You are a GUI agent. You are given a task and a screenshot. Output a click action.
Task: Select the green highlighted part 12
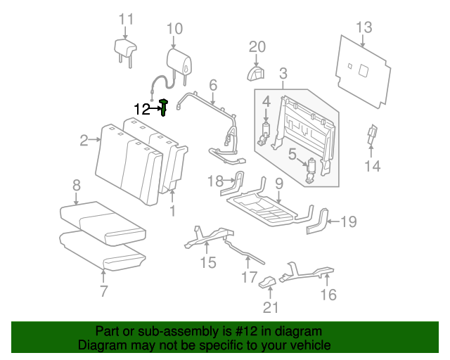(164, 107)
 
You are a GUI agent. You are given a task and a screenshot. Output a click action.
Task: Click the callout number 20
(257, 47)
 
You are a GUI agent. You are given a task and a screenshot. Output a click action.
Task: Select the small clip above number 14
(372, 135)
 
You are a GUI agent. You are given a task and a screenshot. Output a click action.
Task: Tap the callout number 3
(283, 73)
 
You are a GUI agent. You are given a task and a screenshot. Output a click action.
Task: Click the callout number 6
(213, 85)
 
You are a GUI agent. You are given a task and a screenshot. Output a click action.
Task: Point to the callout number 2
(84, 140)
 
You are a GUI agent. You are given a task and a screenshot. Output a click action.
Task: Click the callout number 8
(76, 186)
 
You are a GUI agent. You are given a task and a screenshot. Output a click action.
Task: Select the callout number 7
(103, 290)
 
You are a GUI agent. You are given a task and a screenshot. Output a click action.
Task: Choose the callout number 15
(207, 264)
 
